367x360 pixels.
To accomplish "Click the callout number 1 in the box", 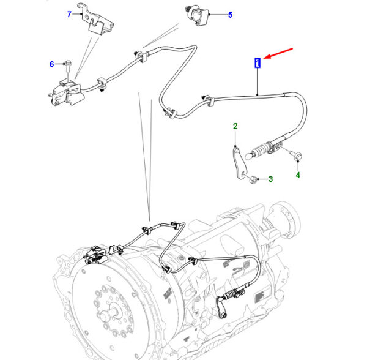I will (x=258, y=62).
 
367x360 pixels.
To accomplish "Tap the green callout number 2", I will (x=234, y=127).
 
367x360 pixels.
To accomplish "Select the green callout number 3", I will (x=271, y=179).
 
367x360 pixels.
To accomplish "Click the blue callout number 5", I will (x=230, y=15).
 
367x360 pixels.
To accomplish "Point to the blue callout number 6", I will (x=52, y=64).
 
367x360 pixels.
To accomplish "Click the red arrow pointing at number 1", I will (x=279, y=55).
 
